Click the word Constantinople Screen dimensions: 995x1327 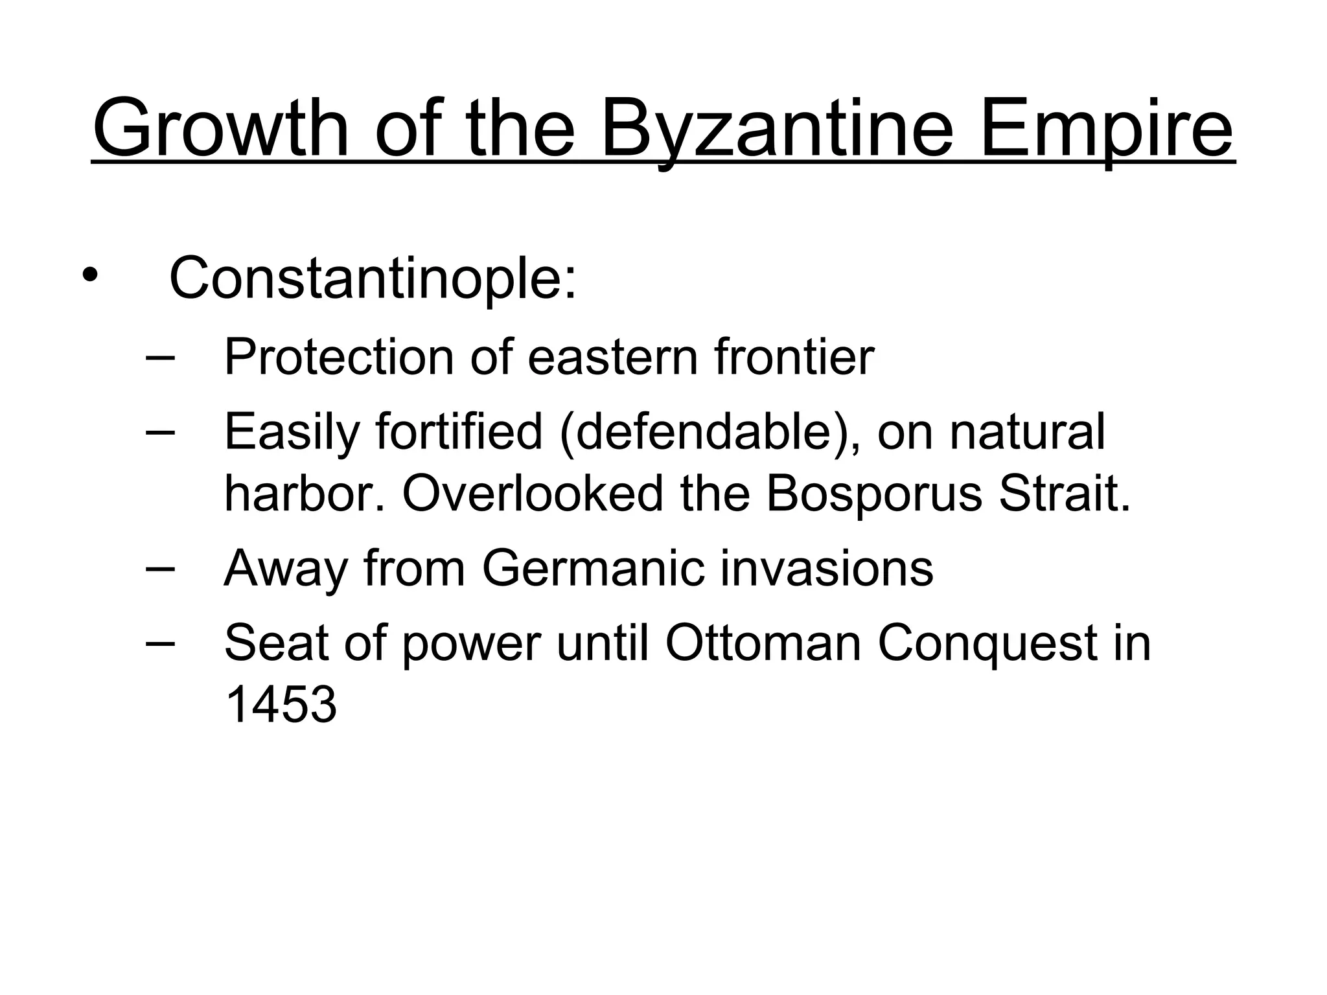(x=372, y=279)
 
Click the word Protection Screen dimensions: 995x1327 (x=339, y=357)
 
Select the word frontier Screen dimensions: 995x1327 (x=794, y=357)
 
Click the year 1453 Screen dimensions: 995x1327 (x=281, y=705)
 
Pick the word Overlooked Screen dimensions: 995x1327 (x=533, y=494)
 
